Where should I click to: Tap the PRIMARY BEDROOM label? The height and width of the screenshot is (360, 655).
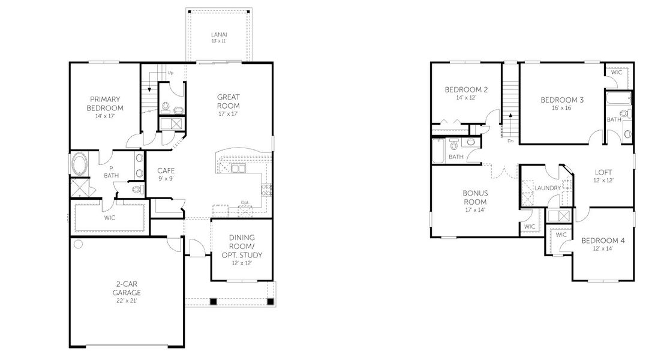tap(106, 103)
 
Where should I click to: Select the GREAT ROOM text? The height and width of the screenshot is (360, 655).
tap(228, 101)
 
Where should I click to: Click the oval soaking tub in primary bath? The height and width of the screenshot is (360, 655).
tap(79, 164)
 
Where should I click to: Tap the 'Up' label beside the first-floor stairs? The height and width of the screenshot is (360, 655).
tap(170, 73)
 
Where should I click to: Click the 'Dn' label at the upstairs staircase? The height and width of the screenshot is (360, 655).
tap(510, 141)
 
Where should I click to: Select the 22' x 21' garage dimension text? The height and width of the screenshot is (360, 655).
tap(128, 301)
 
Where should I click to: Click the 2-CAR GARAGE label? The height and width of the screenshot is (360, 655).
tap(128, 289)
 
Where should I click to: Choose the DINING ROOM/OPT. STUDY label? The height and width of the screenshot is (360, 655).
tap(246, 246)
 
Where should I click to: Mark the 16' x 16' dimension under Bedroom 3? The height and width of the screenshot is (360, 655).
tap(562, 109)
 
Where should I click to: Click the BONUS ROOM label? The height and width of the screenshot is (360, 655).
tap(474, 197)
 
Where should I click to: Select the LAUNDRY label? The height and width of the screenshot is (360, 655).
tap(548, 188)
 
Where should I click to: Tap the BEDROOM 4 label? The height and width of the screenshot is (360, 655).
tap(603, 241)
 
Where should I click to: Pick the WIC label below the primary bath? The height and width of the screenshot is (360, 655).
tap(110, 217)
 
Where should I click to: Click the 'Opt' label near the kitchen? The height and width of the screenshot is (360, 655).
tap(244, 202)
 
